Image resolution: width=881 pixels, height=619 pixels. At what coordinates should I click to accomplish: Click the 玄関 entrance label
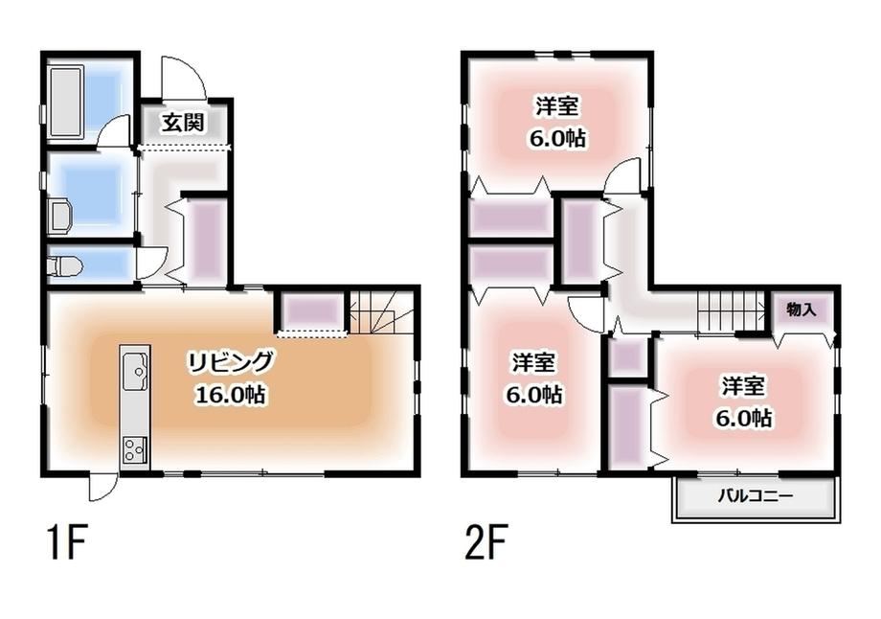pos(183,122)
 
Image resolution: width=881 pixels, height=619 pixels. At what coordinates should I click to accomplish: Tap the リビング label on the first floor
pos(231,362)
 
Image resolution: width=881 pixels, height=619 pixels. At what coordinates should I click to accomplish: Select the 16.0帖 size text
pos(231,395)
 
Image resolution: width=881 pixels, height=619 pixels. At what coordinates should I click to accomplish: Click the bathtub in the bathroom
pos(66,102)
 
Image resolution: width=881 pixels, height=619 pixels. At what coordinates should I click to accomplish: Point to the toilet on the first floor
pos(65,264)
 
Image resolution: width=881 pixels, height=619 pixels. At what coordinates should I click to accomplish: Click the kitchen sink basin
pos(134,371)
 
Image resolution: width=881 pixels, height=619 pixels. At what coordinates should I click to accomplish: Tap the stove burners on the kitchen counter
pos(135,450)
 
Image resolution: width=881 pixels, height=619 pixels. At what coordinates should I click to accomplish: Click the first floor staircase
pos(381,313)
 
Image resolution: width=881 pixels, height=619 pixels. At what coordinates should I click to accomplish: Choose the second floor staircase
pos(731,312)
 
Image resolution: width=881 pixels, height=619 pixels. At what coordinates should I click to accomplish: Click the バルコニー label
pos(756,496)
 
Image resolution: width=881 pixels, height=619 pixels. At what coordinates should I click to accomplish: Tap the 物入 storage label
pos(802,309)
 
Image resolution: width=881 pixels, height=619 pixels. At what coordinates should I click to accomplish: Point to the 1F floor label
pos(67,542)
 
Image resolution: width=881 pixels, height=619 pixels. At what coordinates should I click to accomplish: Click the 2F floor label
pos(486,542)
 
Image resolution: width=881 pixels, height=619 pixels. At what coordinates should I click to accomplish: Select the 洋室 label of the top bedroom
pos(556,106)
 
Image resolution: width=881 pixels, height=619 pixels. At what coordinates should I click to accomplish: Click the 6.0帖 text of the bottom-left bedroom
pos(533,395)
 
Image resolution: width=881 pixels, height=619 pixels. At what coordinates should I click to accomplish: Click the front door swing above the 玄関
pos(184,78)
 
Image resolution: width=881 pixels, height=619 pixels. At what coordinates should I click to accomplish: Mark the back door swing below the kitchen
pos(102,488)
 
